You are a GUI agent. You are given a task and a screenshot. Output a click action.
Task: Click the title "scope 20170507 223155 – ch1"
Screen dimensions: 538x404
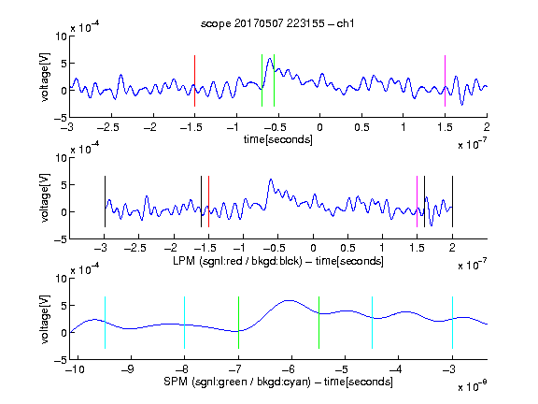pyautogui.click(x=277, y=23)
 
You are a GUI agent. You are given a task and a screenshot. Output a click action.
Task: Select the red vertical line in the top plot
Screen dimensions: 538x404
pyautogui.click(x=194, y=80)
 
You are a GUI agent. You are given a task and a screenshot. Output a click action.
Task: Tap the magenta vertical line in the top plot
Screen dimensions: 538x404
pyautogui.click(x=445, y=80)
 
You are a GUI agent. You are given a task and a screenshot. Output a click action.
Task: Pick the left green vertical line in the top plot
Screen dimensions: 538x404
pyautogui.click(x=262, y=80)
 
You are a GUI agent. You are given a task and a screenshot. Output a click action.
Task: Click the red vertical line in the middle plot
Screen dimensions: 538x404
pyautogui.click(x=208, y=201)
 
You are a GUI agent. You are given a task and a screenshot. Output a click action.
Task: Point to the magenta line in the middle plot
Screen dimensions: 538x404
pyautogui.click(x=417, y=201)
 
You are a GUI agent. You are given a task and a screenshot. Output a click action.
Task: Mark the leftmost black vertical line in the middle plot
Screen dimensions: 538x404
pyautogui.click(x=105, y=201)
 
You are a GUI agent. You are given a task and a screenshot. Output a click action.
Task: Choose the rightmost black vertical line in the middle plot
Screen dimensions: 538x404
pyautogui.click(x=452, y=201)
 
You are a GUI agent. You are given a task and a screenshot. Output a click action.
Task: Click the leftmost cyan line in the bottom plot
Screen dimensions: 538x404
pyautogui.click(x=105, y=323)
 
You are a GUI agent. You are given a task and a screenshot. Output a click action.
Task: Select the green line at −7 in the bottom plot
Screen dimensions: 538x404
pyautogui.click(x=238, y=323)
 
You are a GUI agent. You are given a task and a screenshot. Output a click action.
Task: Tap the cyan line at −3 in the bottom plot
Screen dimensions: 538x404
pyautogui.click(x=452, y=323)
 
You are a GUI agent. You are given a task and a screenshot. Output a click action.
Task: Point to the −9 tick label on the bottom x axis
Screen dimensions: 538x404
pyautogui.click(x=128, y=369)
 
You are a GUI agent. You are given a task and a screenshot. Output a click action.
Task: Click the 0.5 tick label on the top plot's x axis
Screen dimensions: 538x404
pyautogui.click(x=361, y=127)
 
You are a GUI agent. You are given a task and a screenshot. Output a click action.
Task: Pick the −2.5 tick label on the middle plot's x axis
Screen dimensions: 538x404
pyautogui.click(x=135, y=248)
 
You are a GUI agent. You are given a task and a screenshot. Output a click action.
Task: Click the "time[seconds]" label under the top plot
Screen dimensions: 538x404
pyautogui.click(x=278, y=139)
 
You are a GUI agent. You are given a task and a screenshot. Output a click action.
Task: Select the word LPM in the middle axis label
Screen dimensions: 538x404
pyautogui.click(x=184, y=261)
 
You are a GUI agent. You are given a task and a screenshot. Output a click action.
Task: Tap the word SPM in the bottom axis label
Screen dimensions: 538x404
pyautogui.click(x=176, y=382)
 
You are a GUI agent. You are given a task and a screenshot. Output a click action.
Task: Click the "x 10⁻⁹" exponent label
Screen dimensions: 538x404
pyautogui.click(x=473, y=386)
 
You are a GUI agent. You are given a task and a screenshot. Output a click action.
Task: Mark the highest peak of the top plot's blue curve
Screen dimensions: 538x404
pyautogui.click(x=270, y=58)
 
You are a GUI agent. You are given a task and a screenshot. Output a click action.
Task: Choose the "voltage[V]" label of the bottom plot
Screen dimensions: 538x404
pyautogui.click(x=45, y=319)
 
